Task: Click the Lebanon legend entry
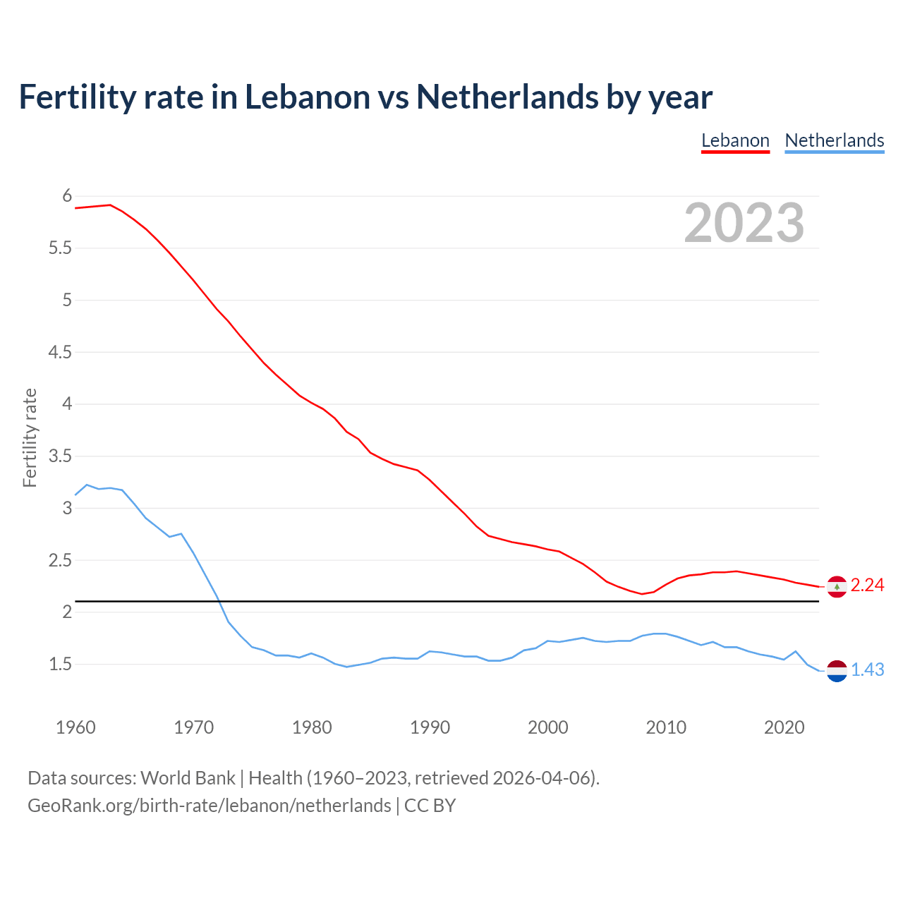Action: tap(735, 140)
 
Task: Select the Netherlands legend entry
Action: tap(834, 140)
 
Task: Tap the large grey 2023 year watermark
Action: tap(744, 223)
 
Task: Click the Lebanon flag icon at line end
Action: tap(837, 586)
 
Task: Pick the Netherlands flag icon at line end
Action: tap(837, 671)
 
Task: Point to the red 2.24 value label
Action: tap(867, 586)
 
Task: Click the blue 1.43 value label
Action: tap(867, 670)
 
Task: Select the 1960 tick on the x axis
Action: tap(75, 727)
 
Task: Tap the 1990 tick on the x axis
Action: tap(430, 727)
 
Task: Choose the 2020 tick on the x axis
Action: tap(784, 727)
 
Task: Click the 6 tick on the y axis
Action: tap(68, 195)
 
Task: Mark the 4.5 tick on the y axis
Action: tap(61, 352)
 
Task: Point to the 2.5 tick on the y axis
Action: tap(61, 560)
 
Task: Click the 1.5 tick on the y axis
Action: tap(61, 664)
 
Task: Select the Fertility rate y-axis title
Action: tap(30, 437)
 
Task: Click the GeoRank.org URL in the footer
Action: tap(209, 806)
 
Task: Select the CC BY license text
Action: tap(430, 806)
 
